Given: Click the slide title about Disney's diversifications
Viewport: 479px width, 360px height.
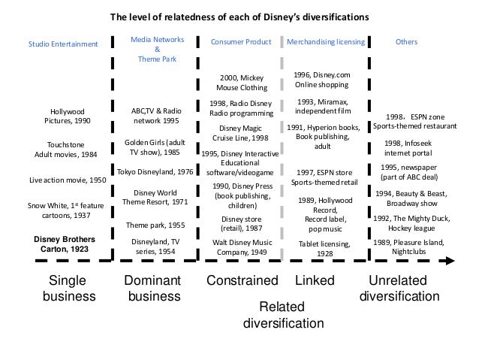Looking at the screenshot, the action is (240, 15).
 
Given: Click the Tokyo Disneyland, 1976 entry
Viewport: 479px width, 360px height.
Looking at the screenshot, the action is (155, 171).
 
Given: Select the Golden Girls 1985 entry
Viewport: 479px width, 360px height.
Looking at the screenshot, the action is (155, 146).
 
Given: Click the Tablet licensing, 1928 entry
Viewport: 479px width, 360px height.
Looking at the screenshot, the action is (326, 249).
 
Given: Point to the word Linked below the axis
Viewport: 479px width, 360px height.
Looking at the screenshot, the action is (314, 281).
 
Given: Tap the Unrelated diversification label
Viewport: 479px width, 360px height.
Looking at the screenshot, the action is (399, 288).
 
